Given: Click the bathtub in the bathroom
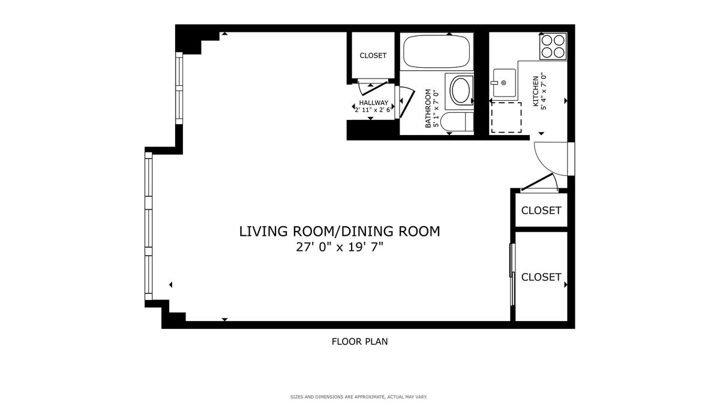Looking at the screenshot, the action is point(436,52).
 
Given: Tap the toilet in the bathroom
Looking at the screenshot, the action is point(457,122).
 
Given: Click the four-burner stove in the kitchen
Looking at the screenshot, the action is point(553,46).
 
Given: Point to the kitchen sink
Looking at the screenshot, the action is point(504,83).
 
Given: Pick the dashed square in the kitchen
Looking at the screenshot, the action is point(506,118).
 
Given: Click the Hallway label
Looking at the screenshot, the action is point(373,103).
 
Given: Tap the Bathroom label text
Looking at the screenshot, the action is point(428,109).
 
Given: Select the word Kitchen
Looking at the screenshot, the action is point(535,91).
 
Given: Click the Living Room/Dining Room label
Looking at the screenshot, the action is point(340,232).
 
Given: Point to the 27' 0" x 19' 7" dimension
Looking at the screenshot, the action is point(340,247).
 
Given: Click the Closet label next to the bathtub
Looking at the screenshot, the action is point(373,56).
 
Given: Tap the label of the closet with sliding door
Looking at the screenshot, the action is point(541,277).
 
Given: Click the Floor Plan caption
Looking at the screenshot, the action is point(359,341).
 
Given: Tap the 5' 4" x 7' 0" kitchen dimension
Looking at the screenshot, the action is point(544,91).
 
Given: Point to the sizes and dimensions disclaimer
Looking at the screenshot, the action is point(359,397).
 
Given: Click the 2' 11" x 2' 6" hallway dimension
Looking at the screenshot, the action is point(373,110).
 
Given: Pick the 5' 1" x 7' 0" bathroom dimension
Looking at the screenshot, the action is point(436,109).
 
